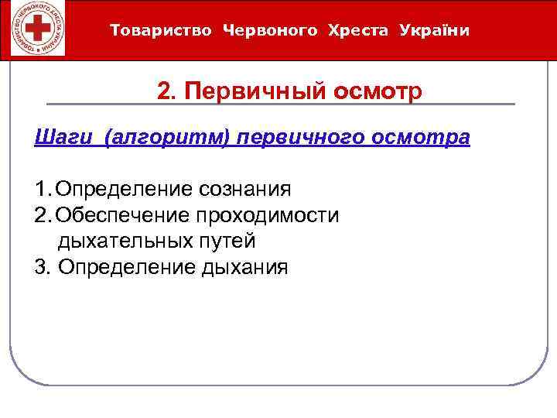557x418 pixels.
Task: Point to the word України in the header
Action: pos(435,31)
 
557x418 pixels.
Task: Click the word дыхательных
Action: pos(118,241)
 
